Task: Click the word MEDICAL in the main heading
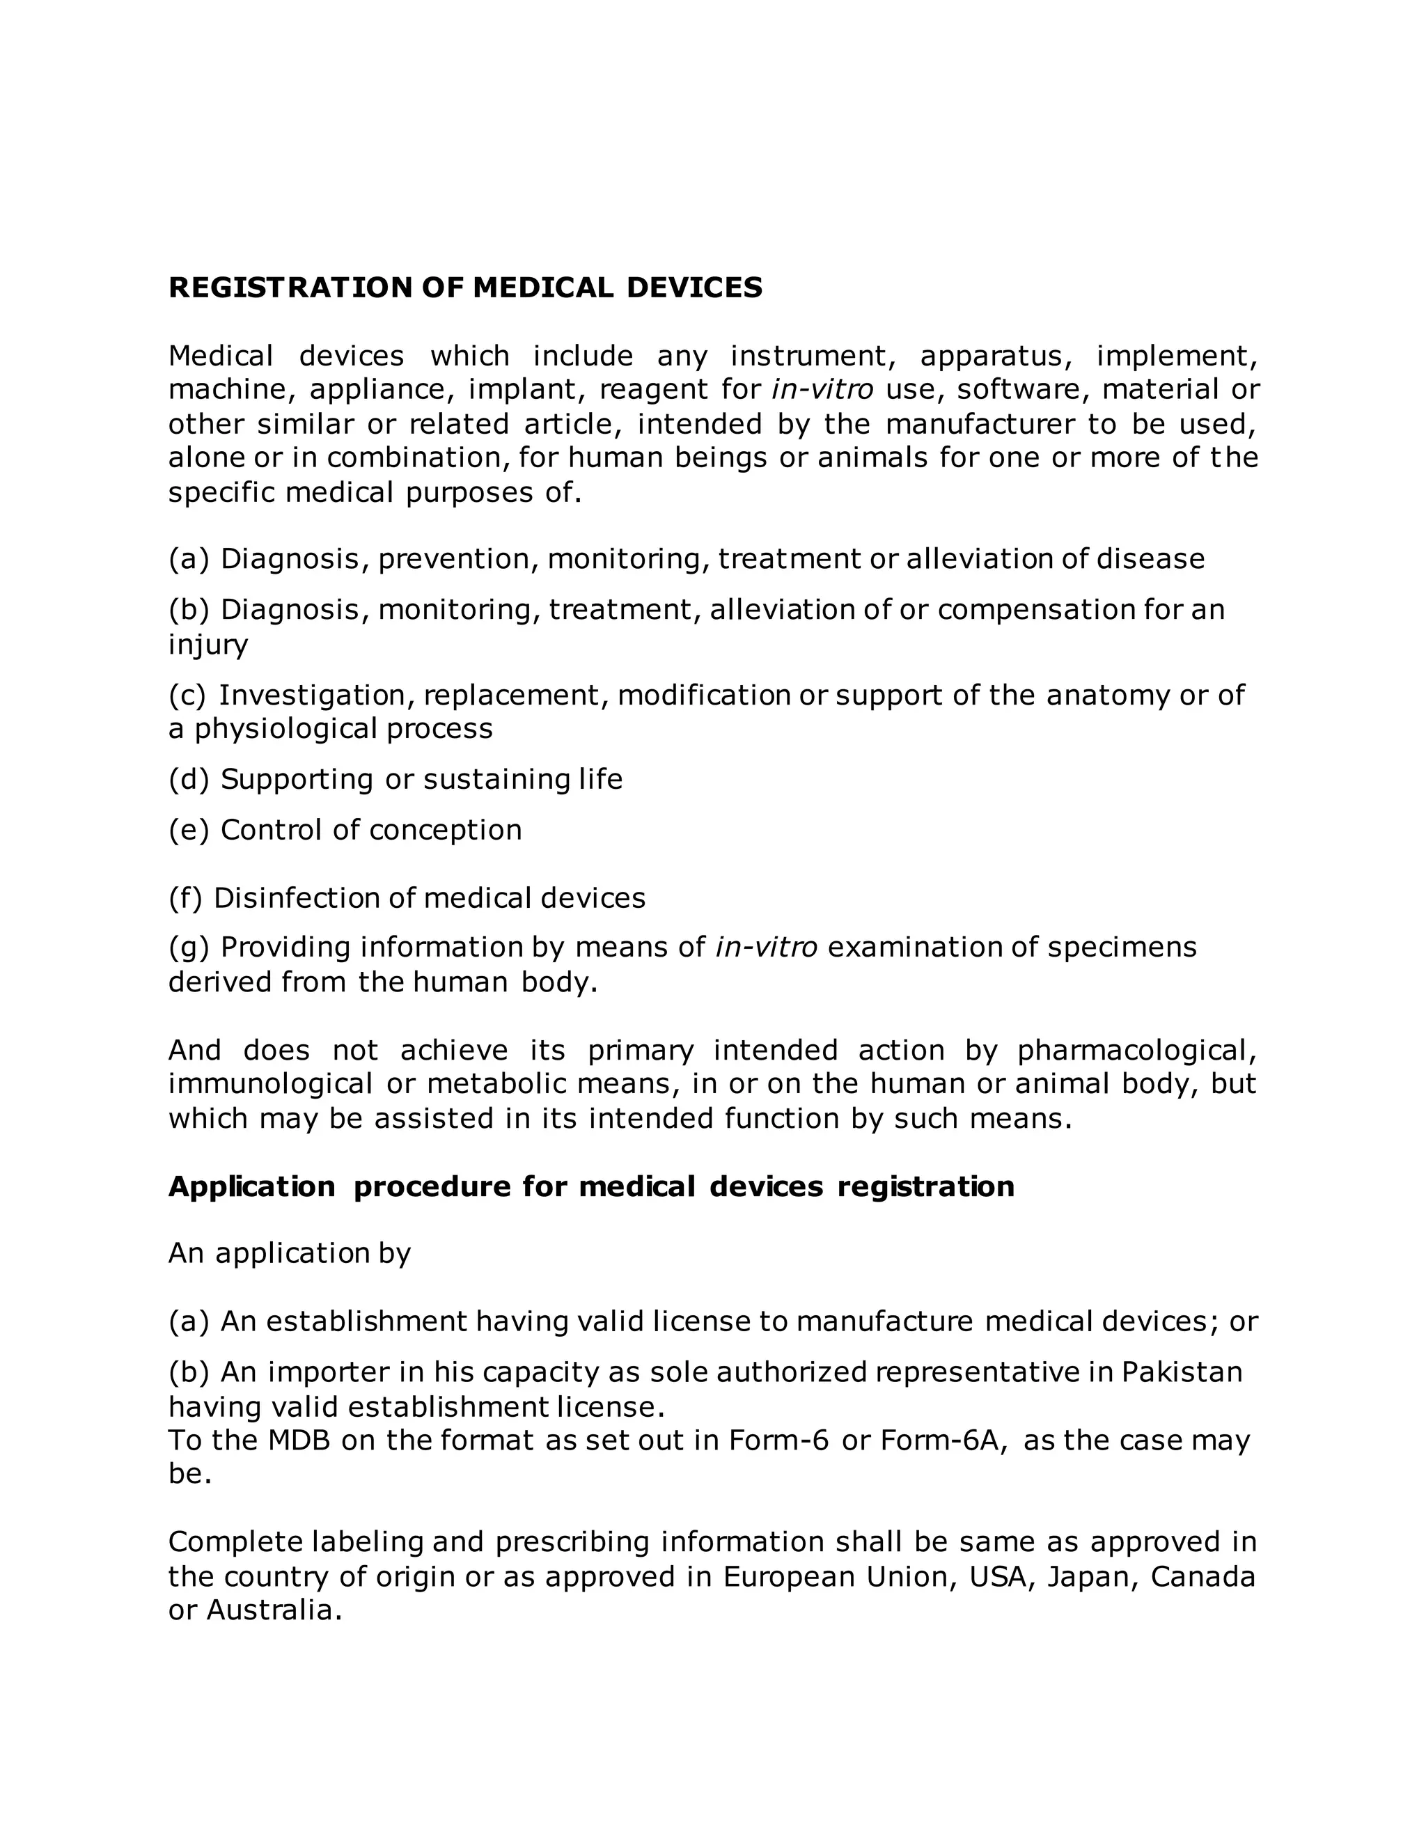click(x=543, y=288)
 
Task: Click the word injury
click(x=207, y=645)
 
